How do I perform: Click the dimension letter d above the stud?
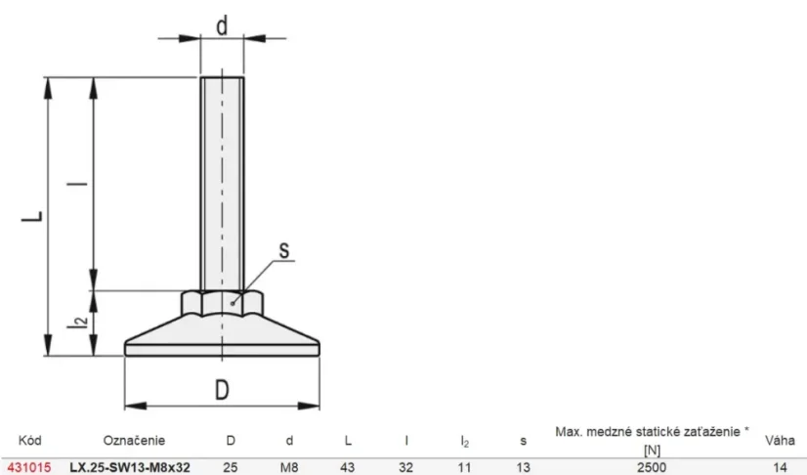(222, 25)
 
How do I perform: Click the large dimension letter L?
(32, 216)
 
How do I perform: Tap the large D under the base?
(222, 390)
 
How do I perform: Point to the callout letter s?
(284, 250)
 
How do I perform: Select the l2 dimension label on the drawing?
(78, 322)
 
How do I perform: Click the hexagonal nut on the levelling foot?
(222, 303)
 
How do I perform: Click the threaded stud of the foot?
(222, 184)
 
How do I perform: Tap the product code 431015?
(29, 467)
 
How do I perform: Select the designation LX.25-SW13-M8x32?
(130, 467)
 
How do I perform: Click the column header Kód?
(30, 440)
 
